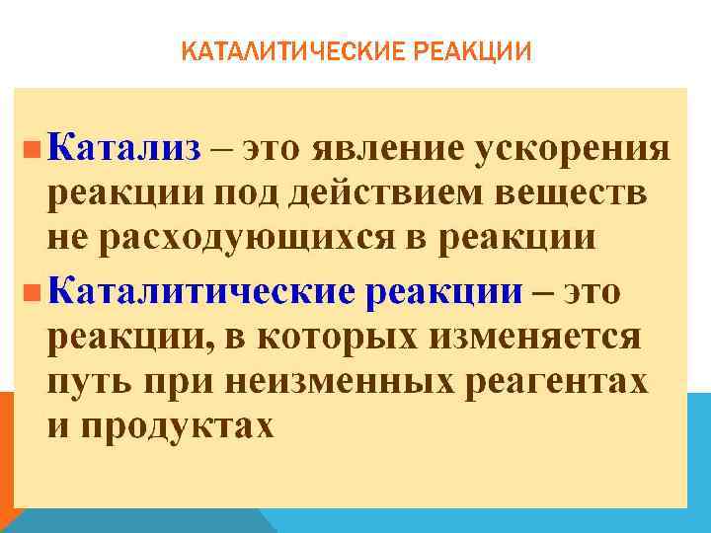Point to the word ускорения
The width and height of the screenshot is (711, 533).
tap(574, 151)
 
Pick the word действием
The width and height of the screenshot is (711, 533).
tap(390, 194)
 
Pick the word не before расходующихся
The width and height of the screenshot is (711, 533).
tap(68, 239)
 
